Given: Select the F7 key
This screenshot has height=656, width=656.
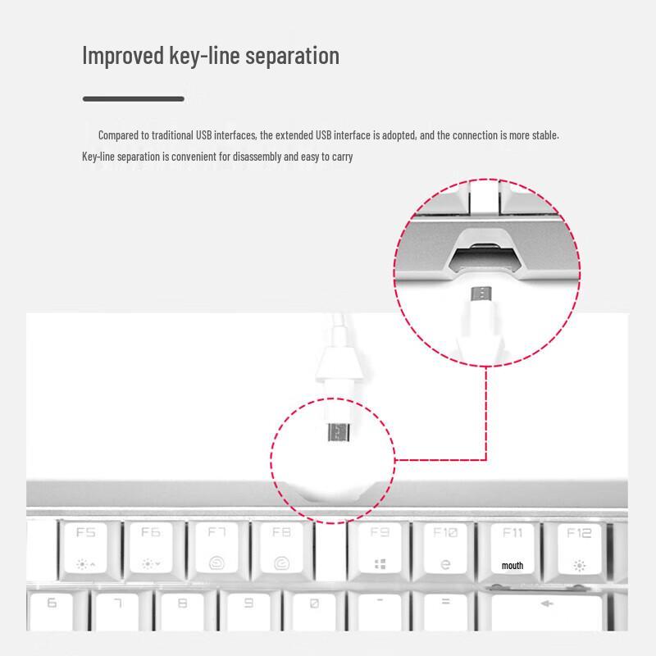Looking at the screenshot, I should (x=216, y=548).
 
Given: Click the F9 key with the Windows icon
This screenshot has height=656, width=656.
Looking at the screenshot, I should (x=380, y=548).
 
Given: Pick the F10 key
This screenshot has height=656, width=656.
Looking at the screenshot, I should (x=445, y=548).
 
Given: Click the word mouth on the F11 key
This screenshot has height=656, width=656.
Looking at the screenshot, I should (x=512, y=566).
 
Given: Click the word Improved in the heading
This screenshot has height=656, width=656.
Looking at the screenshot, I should (x=122, y=56).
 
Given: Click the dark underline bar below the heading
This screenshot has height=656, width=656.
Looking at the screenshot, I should (x=133, y=98).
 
